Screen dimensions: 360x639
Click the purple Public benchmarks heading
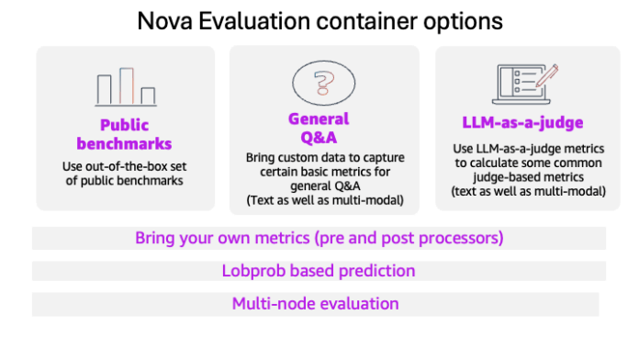click(x=125, y=135)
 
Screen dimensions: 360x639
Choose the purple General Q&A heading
click(x=319, y=129)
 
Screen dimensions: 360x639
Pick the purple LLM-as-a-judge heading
click(x=520, y=122)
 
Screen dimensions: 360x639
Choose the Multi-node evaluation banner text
click(x=315, y=303)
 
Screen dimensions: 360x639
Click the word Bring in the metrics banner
click(x=155, y=238)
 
